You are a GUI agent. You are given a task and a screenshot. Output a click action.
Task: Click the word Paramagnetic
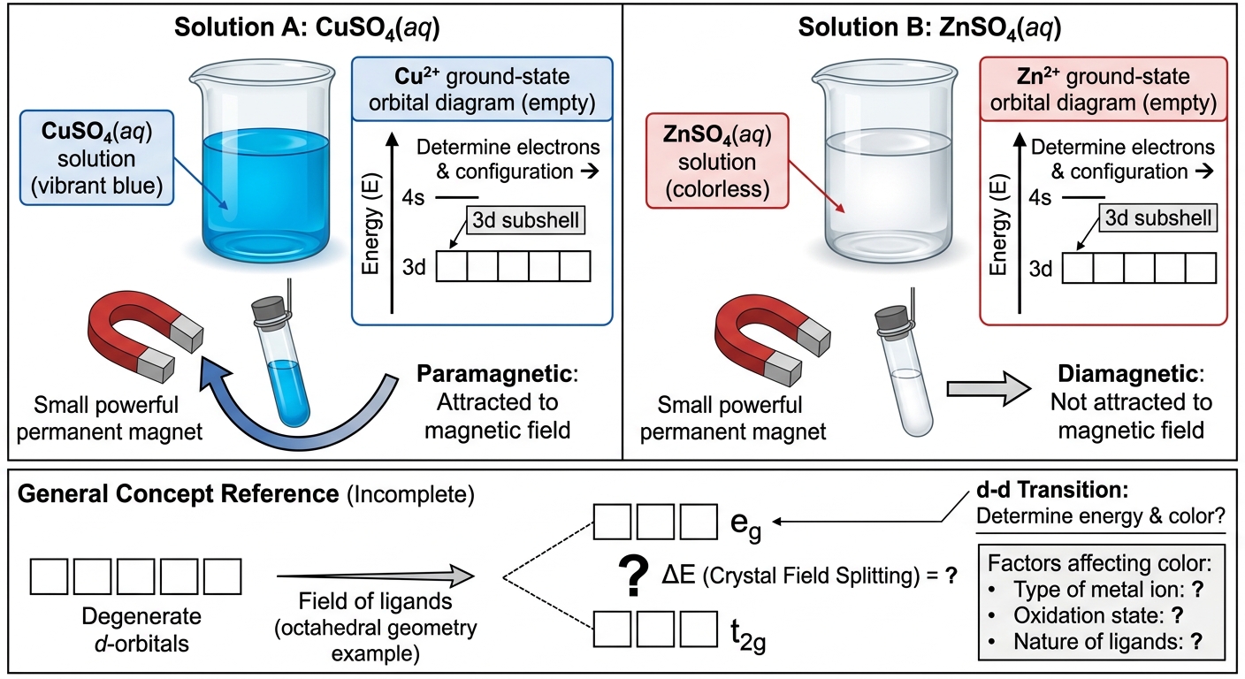[494, 374]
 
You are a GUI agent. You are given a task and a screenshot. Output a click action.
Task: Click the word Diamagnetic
[1127, 374]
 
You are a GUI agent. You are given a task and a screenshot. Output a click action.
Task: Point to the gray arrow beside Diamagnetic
[989, 389]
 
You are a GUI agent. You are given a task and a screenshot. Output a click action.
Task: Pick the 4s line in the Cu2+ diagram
[456, 197]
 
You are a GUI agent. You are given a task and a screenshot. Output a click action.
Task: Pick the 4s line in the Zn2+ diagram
[1083, 197]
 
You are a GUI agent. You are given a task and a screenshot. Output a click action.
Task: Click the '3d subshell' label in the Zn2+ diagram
[1157, 217]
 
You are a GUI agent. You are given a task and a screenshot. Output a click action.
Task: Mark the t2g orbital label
[748, 633]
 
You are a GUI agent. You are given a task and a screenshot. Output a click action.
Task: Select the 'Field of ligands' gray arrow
[375, 576]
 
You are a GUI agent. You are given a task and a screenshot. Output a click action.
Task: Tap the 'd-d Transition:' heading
[1052, 490]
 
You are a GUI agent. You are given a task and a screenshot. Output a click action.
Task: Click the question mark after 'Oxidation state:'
[1176, 615]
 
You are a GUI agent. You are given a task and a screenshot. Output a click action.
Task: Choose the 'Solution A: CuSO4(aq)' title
[307, 27]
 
